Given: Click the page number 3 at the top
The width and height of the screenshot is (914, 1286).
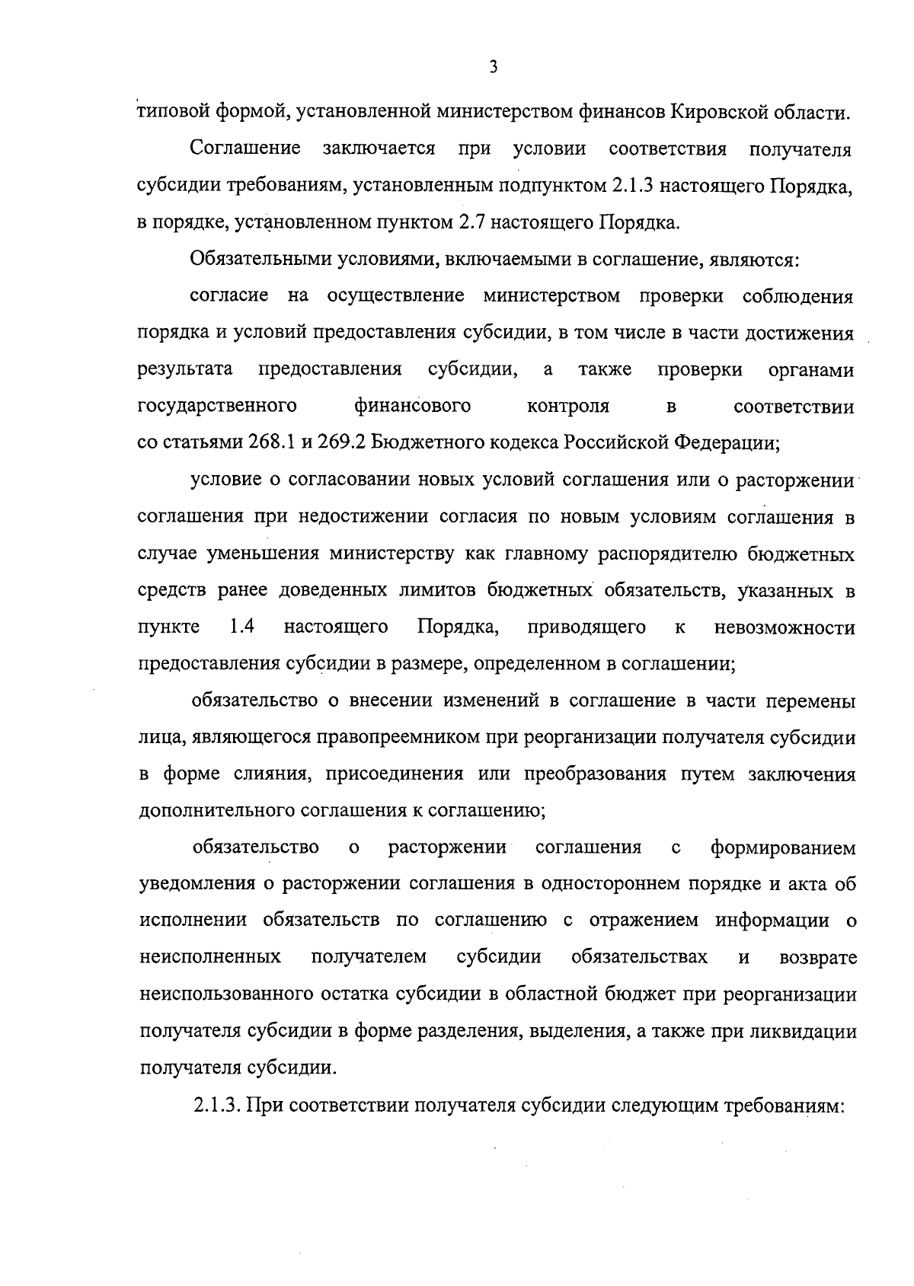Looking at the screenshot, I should pyautogui.click(x=493, y=68).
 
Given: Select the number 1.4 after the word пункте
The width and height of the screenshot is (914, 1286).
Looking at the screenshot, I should pyautogui.click(x=241, y=627).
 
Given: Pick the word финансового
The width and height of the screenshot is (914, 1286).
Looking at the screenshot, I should pyautogui.click(x=412, y=406).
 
